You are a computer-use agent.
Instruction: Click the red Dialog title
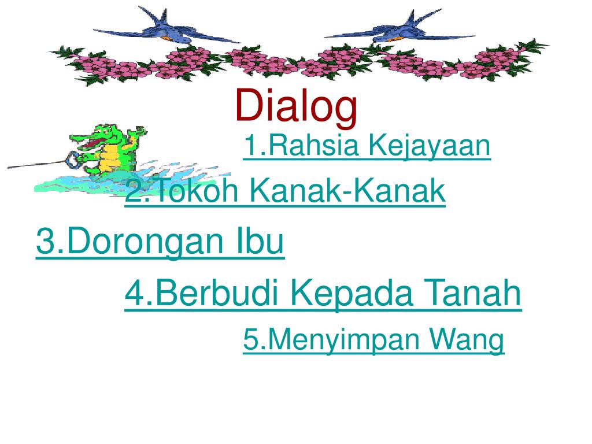coord(296,106)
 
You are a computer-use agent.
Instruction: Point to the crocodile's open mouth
coord(87,139)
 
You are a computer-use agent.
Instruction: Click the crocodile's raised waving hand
coord(138,133)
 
